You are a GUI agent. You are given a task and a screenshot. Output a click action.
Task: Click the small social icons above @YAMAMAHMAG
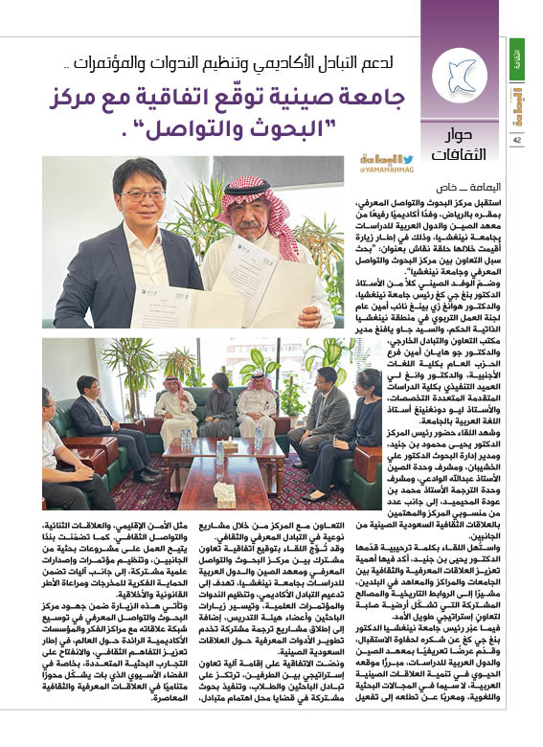point(386,158)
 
